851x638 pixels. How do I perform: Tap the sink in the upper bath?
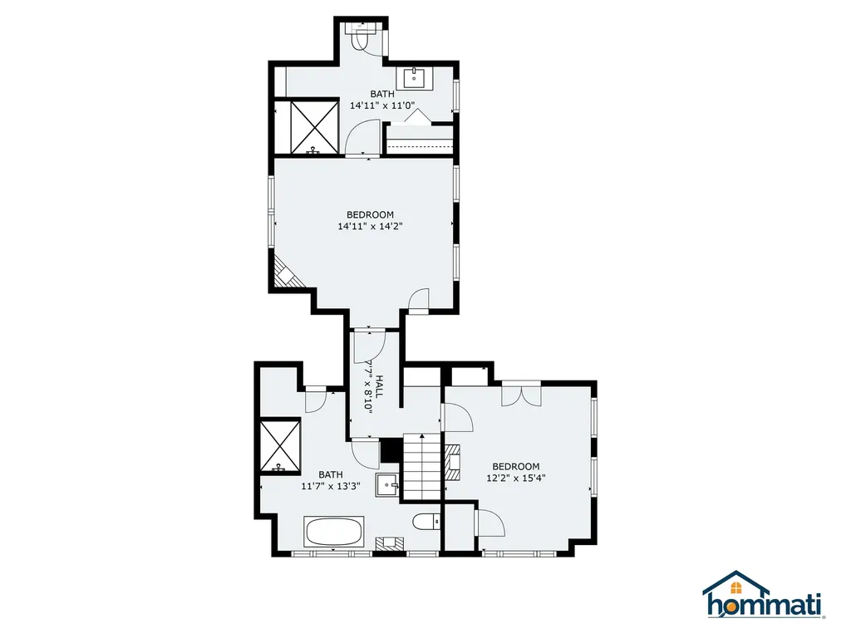coord(416,79)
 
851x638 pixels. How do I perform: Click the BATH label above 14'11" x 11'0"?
coord(382,94)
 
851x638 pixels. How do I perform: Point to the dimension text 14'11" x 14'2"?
coord(371,226)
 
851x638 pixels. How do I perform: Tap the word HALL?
coord(379,387)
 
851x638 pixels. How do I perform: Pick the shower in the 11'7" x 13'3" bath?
coord(277,445)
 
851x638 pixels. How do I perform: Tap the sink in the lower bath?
coord(386,483)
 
